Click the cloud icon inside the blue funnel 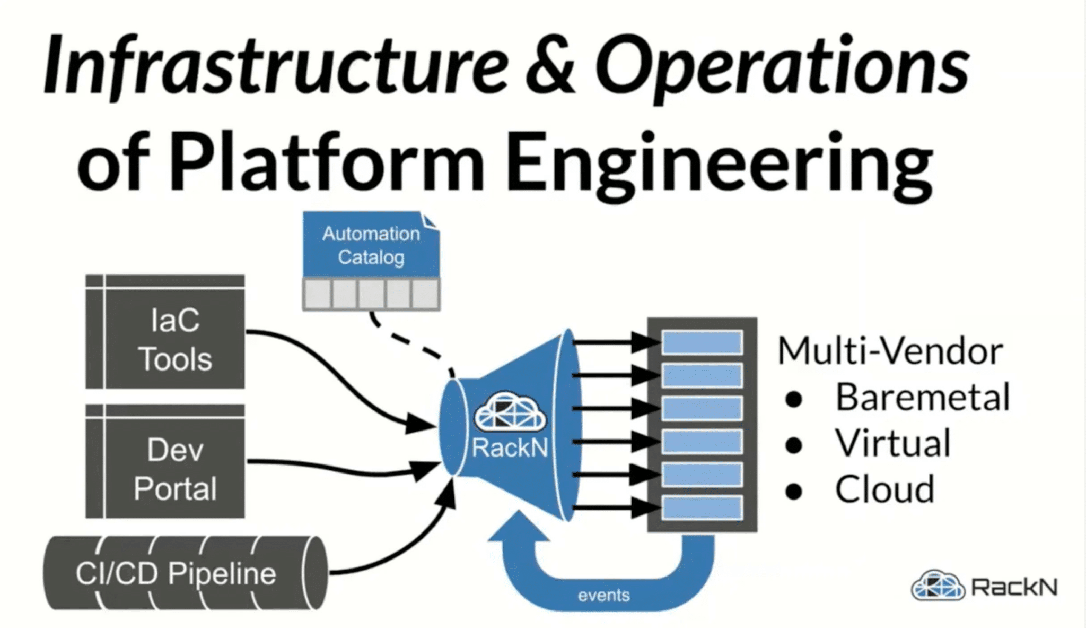510,412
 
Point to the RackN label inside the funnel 510,448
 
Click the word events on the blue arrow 603,596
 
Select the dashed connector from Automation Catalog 408,339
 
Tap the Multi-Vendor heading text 890,351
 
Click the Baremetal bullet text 922,397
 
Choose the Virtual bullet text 893,443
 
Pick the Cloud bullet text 884,489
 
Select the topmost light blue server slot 702,342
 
